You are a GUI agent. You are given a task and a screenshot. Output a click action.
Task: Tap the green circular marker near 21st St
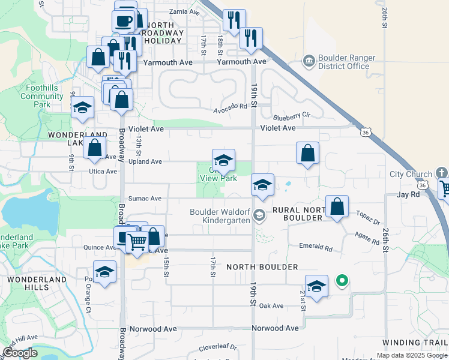click(342, 280)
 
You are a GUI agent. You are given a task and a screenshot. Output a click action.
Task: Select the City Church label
click(411, 175)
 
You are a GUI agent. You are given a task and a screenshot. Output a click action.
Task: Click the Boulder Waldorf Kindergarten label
click(219, 216)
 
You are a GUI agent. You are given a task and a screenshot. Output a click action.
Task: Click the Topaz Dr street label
click(367, 217)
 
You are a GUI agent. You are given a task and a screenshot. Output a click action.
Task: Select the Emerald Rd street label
click(316, 247)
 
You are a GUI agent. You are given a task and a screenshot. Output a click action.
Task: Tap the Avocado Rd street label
click(231, 106)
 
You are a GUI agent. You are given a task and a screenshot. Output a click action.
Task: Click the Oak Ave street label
click(271, 305)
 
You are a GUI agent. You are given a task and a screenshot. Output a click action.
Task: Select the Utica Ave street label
click(103, 172)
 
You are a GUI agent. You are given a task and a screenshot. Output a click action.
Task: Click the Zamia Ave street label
click(185, 11)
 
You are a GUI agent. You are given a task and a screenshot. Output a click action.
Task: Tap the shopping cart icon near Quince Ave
click(137, 241)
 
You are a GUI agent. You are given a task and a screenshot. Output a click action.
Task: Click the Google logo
click(20, 352)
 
